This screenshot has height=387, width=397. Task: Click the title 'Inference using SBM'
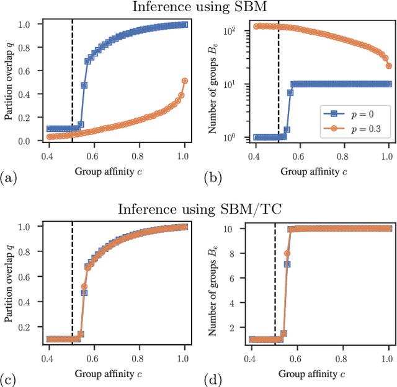pyautogui.click(x=198, y=7)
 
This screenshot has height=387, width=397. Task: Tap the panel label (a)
pyautogui.click(x=9, y=178)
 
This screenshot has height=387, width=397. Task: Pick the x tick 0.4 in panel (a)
pyautogui.click(x=47, y=153)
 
